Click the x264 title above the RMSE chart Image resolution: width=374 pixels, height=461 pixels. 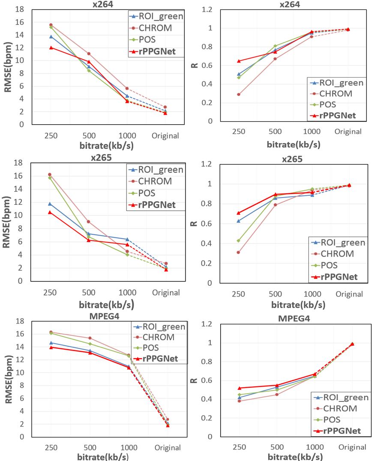pos(105,4)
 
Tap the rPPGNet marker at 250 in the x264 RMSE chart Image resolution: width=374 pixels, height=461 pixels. pos(51,48)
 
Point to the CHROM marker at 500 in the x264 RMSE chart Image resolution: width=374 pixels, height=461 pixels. pos(89,54)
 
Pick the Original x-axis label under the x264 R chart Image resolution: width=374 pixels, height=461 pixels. pos(348,132)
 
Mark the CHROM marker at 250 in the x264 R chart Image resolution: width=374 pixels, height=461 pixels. pos(239,94)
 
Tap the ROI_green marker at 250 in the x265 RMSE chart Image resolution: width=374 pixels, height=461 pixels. pos(50,204)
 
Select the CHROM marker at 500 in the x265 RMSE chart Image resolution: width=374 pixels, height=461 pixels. pos(88,222)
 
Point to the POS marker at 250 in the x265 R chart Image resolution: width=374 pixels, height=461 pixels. pos(238,241)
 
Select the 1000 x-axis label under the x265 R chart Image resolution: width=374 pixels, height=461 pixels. pos(315,294)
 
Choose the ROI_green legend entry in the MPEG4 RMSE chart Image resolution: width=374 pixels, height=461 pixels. pos(164,327)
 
